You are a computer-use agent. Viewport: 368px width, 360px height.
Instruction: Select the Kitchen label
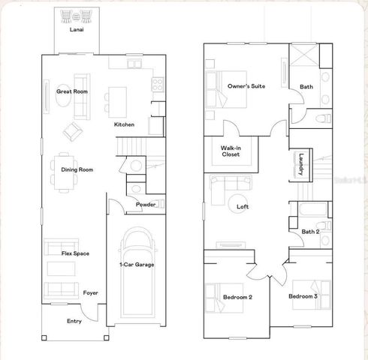pyautogui.click(x=124, y=124)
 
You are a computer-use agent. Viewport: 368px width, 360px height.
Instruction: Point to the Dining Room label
pyautogui.click(x=77, y=169)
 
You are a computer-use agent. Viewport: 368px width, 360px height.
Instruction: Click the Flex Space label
pyautogui.click(x=75, y=253)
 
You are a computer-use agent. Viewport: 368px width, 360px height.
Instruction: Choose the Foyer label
pyautogui.click(x=91, y=292)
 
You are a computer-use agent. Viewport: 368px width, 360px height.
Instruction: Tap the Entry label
pyautogui.click(x=74, y=321)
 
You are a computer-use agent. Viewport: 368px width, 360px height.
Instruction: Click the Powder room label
pyautogui.click(x=145, y=204)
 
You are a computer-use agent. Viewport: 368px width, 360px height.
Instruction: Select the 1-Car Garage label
pyautogui.click(x=137, y=264)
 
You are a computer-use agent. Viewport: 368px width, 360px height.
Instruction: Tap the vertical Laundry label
pyautogui.click(x=301, y=164)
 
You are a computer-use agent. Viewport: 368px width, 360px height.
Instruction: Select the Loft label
pyautogui.click(x=243, y=205)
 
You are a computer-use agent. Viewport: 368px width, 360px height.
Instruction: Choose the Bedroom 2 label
pyautogui.click(x=237, y=297)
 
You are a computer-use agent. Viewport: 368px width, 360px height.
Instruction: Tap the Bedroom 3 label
pyautogui.click(x=304, y=297)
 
